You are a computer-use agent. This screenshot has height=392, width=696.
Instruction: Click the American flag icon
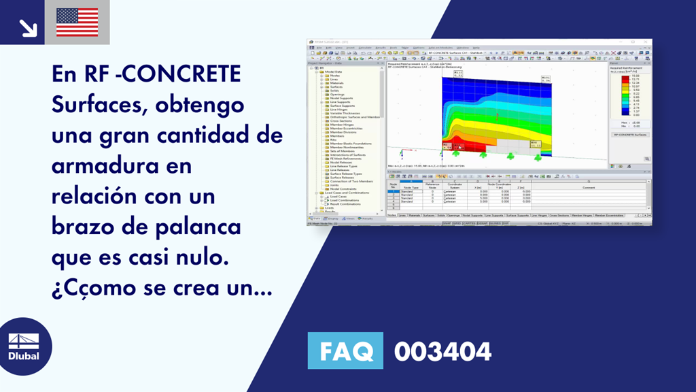click(x=77, y=22)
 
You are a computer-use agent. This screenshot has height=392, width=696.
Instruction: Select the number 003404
click(x=442, y=352)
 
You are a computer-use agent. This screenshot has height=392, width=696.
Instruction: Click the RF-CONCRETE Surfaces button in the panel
click(x=629, y=135)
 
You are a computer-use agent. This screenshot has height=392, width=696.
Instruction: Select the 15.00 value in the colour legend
click(x=635, y=76)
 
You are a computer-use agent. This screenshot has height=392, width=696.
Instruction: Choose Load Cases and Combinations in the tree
click(x=349, y=193)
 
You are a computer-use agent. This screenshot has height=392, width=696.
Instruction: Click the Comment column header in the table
click(x=588, y=187)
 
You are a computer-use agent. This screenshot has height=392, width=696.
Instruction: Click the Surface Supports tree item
click(x=343, y=105)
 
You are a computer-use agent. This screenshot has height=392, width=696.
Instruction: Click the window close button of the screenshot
click(x=648, y=42)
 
